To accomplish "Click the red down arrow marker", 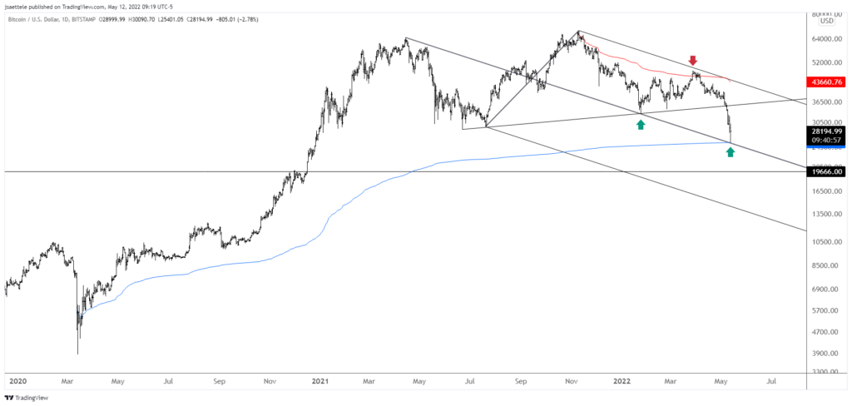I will (x=692, y=61).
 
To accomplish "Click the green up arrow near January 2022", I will (x=641, y=124).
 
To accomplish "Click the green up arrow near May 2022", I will (x=730, y=151).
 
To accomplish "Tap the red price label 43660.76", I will (x=828, y=82).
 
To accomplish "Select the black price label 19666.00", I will (x=828, y=171).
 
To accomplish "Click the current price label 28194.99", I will (x=828, y=131).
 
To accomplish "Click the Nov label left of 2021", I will (x=270, y=382).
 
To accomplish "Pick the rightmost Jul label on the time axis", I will (x=772, y=382).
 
